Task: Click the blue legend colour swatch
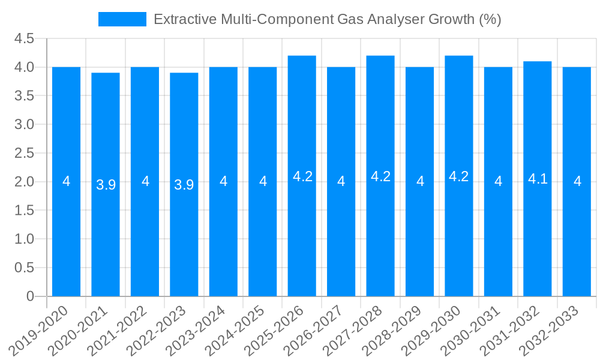(x=122, y=19)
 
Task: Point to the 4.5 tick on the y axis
(x=25, y=38)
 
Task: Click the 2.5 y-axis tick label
(x=25, y=153)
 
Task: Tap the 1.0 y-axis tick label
(x=25, y=239)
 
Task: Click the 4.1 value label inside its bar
(x=538, y=179)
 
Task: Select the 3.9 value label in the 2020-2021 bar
(x=106, y=185)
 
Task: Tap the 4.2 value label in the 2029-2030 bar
(x=459, y=176)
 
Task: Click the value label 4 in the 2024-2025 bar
(x=263, y=181)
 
